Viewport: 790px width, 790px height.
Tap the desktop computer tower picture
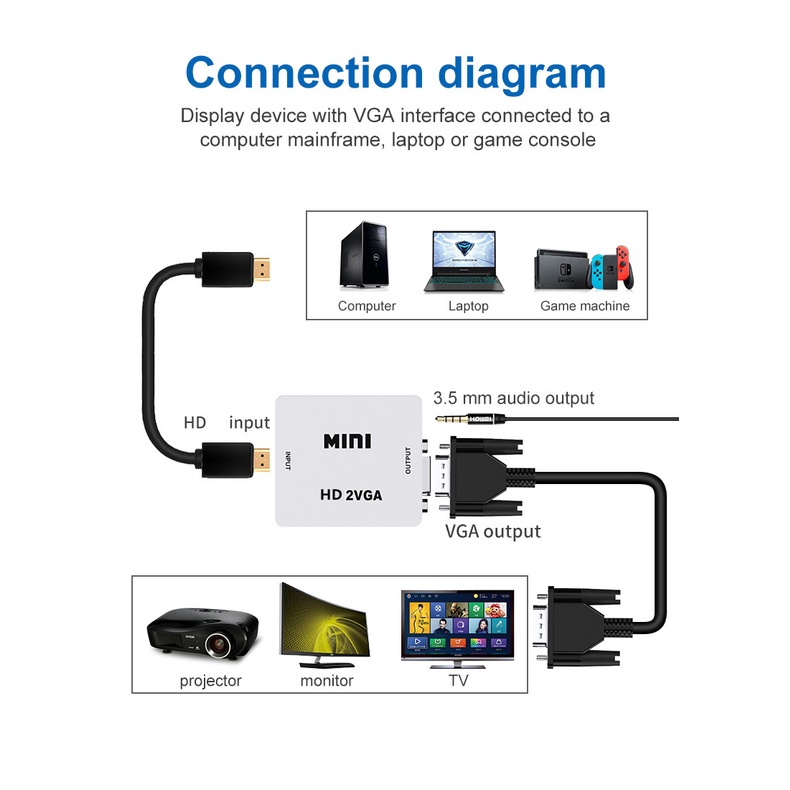tap(366, 257)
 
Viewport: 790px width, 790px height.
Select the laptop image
tap(467, 261)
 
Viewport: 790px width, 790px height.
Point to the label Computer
tap(366, 306)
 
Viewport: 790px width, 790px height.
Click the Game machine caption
tap(584, 306)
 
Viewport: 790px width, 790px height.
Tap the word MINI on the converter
tap(347, 440)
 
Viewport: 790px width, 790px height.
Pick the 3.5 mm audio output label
tap(513, 398)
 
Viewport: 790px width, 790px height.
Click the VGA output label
tap(492, 531)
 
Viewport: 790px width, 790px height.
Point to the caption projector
tap(210, 681)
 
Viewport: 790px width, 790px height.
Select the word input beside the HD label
tap(249, 423)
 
